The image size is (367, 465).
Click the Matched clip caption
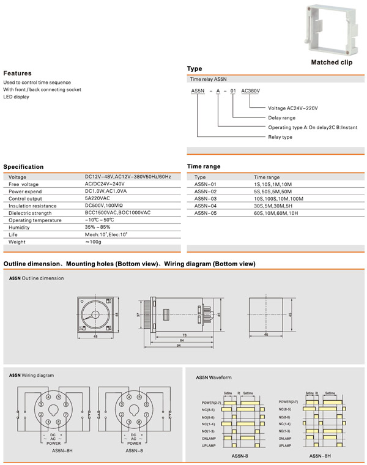[x=332, y=62]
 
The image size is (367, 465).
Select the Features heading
[x=17, y=73]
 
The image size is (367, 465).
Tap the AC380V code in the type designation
[x=251, y=91]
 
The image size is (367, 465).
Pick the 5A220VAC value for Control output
[x=97, y=199]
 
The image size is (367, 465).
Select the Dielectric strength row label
[x=30, y=213]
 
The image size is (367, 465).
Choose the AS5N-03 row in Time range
[x=206, y=198]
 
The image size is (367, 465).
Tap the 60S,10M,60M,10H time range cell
[x=276, y=213]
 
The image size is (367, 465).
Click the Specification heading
[x=23, y=166]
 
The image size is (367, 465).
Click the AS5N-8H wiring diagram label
[x=62, y=450]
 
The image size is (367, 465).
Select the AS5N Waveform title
[x=213, y=378]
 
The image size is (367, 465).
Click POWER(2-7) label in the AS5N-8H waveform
[x=288, y=401]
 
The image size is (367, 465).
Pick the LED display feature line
[x=16, y=97]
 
